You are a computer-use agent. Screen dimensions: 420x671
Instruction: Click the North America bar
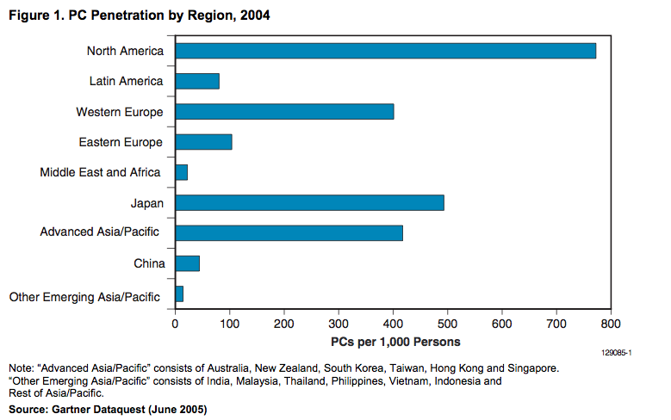[x=385, y=51]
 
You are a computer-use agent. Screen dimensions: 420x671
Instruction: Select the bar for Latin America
[x=197, y=81]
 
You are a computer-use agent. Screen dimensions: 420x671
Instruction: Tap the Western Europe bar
[x=284, y=112]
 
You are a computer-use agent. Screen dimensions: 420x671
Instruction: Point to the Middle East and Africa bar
[x=182, y=172]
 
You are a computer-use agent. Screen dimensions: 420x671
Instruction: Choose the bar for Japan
[x=309, y=202]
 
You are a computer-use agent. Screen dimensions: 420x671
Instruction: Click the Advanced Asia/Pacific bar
[x=289, y=232]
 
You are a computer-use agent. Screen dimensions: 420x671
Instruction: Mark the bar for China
[x=188, y=263]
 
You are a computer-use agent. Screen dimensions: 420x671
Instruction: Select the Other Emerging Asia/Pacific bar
[x=179, y=294]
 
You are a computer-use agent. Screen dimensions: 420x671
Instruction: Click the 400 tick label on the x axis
[x=393, y=324]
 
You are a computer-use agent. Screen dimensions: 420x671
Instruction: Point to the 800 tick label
[x=611, y=324]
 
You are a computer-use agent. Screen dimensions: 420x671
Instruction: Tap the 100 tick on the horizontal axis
[x=229, y=324]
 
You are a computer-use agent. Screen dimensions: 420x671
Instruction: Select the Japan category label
[x=146, y=203]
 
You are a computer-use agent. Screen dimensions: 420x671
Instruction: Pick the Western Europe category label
[x=119, y=112]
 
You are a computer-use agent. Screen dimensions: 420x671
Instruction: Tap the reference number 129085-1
[x=617, y=352]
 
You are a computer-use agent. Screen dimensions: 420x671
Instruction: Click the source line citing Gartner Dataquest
[x=108, y=409]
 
